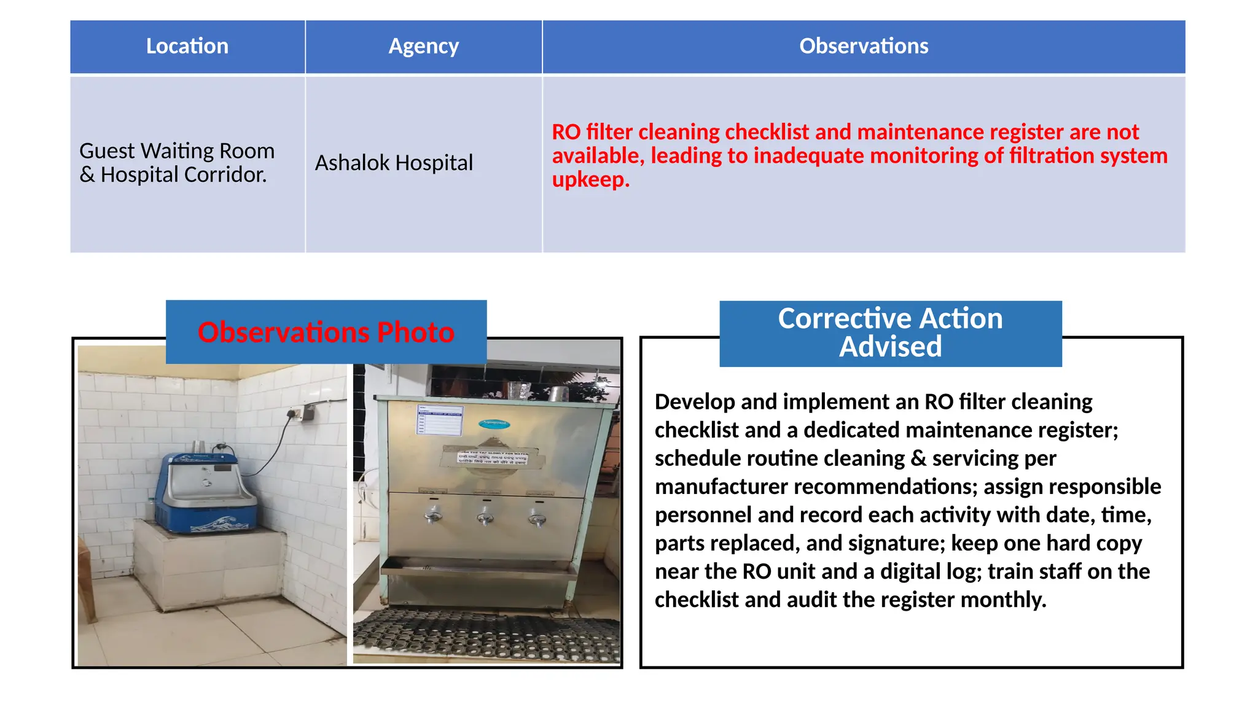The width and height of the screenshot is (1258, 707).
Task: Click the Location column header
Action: (x=187, y=47)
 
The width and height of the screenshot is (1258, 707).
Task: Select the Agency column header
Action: (x=423, y=47)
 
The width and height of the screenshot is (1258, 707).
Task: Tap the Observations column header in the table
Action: (x=863, y=47)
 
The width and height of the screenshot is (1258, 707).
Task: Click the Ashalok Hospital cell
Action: (x=394, y=163)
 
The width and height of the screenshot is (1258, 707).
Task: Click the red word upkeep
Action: (x=590, y=180)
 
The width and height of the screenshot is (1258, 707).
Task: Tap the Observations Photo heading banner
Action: (x=326, y=332)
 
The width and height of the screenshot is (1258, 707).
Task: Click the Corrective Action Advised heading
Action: (x=890, y=333)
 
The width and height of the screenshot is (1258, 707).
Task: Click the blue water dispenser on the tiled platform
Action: (x=201, y=492)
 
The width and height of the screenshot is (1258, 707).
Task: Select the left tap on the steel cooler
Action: (x=434, y=515)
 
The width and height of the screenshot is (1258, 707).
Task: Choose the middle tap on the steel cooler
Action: (x=485, y=517)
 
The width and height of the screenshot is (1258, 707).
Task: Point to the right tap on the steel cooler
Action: (x=538, y=519)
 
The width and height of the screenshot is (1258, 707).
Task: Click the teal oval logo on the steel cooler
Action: (x=494, y=423)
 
